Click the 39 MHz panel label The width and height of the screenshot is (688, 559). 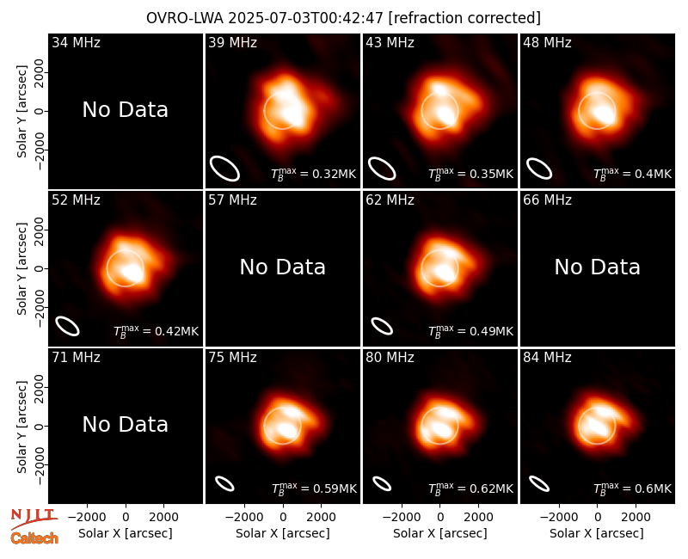232,42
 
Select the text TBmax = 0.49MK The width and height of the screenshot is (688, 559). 470,331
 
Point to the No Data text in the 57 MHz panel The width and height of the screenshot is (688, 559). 283,267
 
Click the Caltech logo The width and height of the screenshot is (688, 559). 34,538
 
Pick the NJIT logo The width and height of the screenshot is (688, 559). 34,517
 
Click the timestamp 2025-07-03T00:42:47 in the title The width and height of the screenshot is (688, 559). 306,18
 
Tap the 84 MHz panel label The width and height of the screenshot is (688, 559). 547,357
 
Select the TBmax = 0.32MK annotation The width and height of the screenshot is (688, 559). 313,174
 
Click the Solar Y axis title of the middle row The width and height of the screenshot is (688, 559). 21,268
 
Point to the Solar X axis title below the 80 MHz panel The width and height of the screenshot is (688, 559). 439,533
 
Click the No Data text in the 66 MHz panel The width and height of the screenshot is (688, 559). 597,267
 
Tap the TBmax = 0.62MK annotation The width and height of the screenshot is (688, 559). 470,488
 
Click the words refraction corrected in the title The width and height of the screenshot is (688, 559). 464,18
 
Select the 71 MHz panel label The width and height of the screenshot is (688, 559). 76,357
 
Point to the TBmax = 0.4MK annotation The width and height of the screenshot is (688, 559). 632,174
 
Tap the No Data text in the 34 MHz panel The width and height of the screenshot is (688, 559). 125,109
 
